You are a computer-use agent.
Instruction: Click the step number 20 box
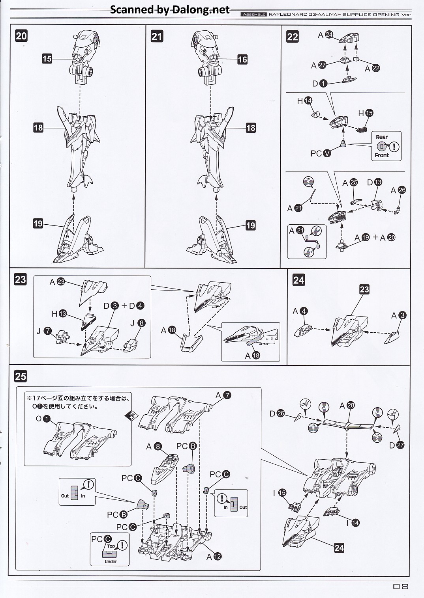pyautogui.click(x=21, y=36)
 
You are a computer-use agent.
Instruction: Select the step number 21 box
pyautogui.click(x=157, y=36)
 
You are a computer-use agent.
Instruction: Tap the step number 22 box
pyautogui.click(x=293, y=37)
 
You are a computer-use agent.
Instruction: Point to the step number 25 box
pyautogui.click(x=21, y=376)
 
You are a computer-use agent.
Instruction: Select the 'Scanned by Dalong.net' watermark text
pyautogui.click(x=170, y=10)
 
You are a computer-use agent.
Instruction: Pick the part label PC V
pyautogui.click(x=321, y=153)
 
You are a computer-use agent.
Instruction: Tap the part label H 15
pyautogui.click(x=365, y=113)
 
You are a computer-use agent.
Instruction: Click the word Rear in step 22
pyautogui.click(x=382, y=137)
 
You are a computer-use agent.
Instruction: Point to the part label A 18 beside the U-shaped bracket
pyautogui.click(x=168, y=330)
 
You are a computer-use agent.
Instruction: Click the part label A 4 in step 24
pyautogui.click(x=300, y=311)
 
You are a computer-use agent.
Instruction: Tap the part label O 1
pyautogui.click(x=43, y=419)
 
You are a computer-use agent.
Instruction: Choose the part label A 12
pyautogui.click(x=214, y=557)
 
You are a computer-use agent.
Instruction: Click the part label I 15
pyautogui.click(x=279, y=493)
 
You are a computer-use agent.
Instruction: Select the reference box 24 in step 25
pyautogui.click(x=339, y=548)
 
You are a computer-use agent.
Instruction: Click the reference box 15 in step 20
pyautogui.click(x=47, y=59)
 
